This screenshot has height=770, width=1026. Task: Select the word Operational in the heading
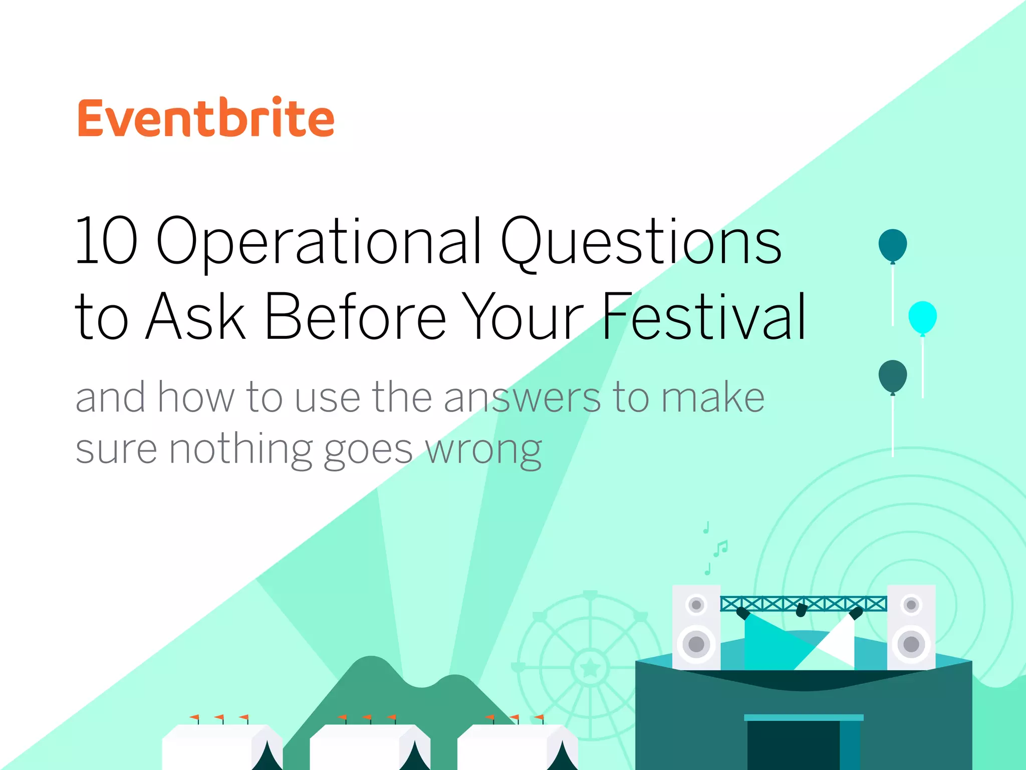pyautogui.click(x=319, y=242)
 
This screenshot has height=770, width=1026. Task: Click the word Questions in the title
pyautogui.click(x=641, y=242)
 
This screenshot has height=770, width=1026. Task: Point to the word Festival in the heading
pyautogui.click(x=703, y=317)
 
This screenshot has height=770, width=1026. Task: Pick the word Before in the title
pyautogui.click(x=355, y=317)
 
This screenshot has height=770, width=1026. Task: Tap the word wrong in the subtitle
pyautogui.click(x=483, y=450)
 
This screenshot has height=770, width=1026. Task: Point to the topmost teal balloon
pyautogui.click(x=892, y=245)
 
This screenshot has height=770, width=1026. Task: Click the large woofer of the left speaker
pyautogui.click(x=696, y=644)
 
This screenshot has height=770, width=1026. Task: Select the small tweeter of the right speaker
pyautogui.click(x=911, y=605)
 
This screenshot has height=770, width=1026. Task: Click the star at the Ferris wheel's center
pyautogui.click(x=590, y=667)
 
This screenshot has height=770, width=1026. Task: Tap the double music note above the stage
pyautogui.click(x=720, y=548)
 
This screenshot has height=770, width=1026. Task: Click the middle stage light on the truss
pyautogui.click(x=801, y=610)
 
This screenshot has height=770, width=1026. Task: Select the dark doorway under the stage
pyautogui.click(x=793, y=744)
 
